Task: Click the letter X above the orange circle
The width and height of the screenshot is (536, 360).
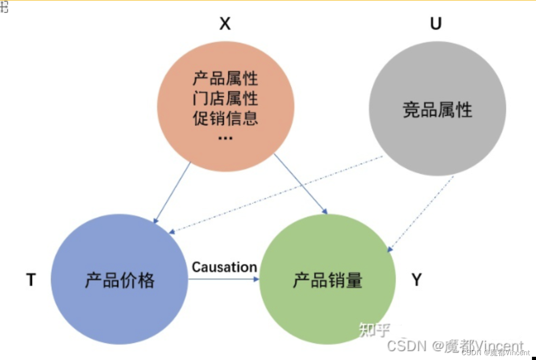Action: (x=225, y=24)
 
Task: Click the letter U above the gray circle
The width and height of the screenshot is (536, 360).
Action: (x=436, y=24)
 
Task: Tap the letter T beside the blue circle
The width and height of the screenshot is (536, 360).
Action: (x=31, y=279)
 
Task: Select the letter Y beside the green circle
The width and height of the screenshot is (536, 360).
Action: (x=417, y=279)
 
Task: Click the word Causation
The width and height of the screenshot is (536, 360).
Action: (x=224, y=267)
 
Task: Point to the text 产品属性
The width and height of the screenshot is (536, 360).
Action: (x=225, y=79)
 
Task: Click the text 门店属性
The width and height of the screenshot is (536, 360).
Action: (x=225, y=99)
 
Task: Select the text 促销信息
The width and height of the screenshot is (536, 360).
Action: (x=225, y=118)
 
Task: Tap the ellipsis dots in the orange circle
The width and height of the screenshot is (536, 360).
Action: (x=225, y=138)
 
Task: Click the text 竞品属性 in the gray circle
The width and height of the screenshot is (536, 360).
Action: (x=437, y=110)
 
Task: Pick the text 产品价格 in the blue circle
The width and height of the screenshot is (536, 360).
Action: (x=120, y=280)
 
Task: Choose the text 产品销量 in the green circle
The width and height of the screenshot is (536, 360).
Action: (x=327, y=280)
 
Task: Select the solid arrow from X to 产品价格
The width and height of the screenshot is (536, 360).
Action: (x=172, y=192)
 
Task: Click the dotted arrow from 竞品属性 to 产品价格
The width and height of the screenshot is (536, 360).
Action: (x=276, y=194)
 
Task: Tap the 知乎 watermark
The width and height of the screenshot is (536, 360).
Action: (x=374, y=329)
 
